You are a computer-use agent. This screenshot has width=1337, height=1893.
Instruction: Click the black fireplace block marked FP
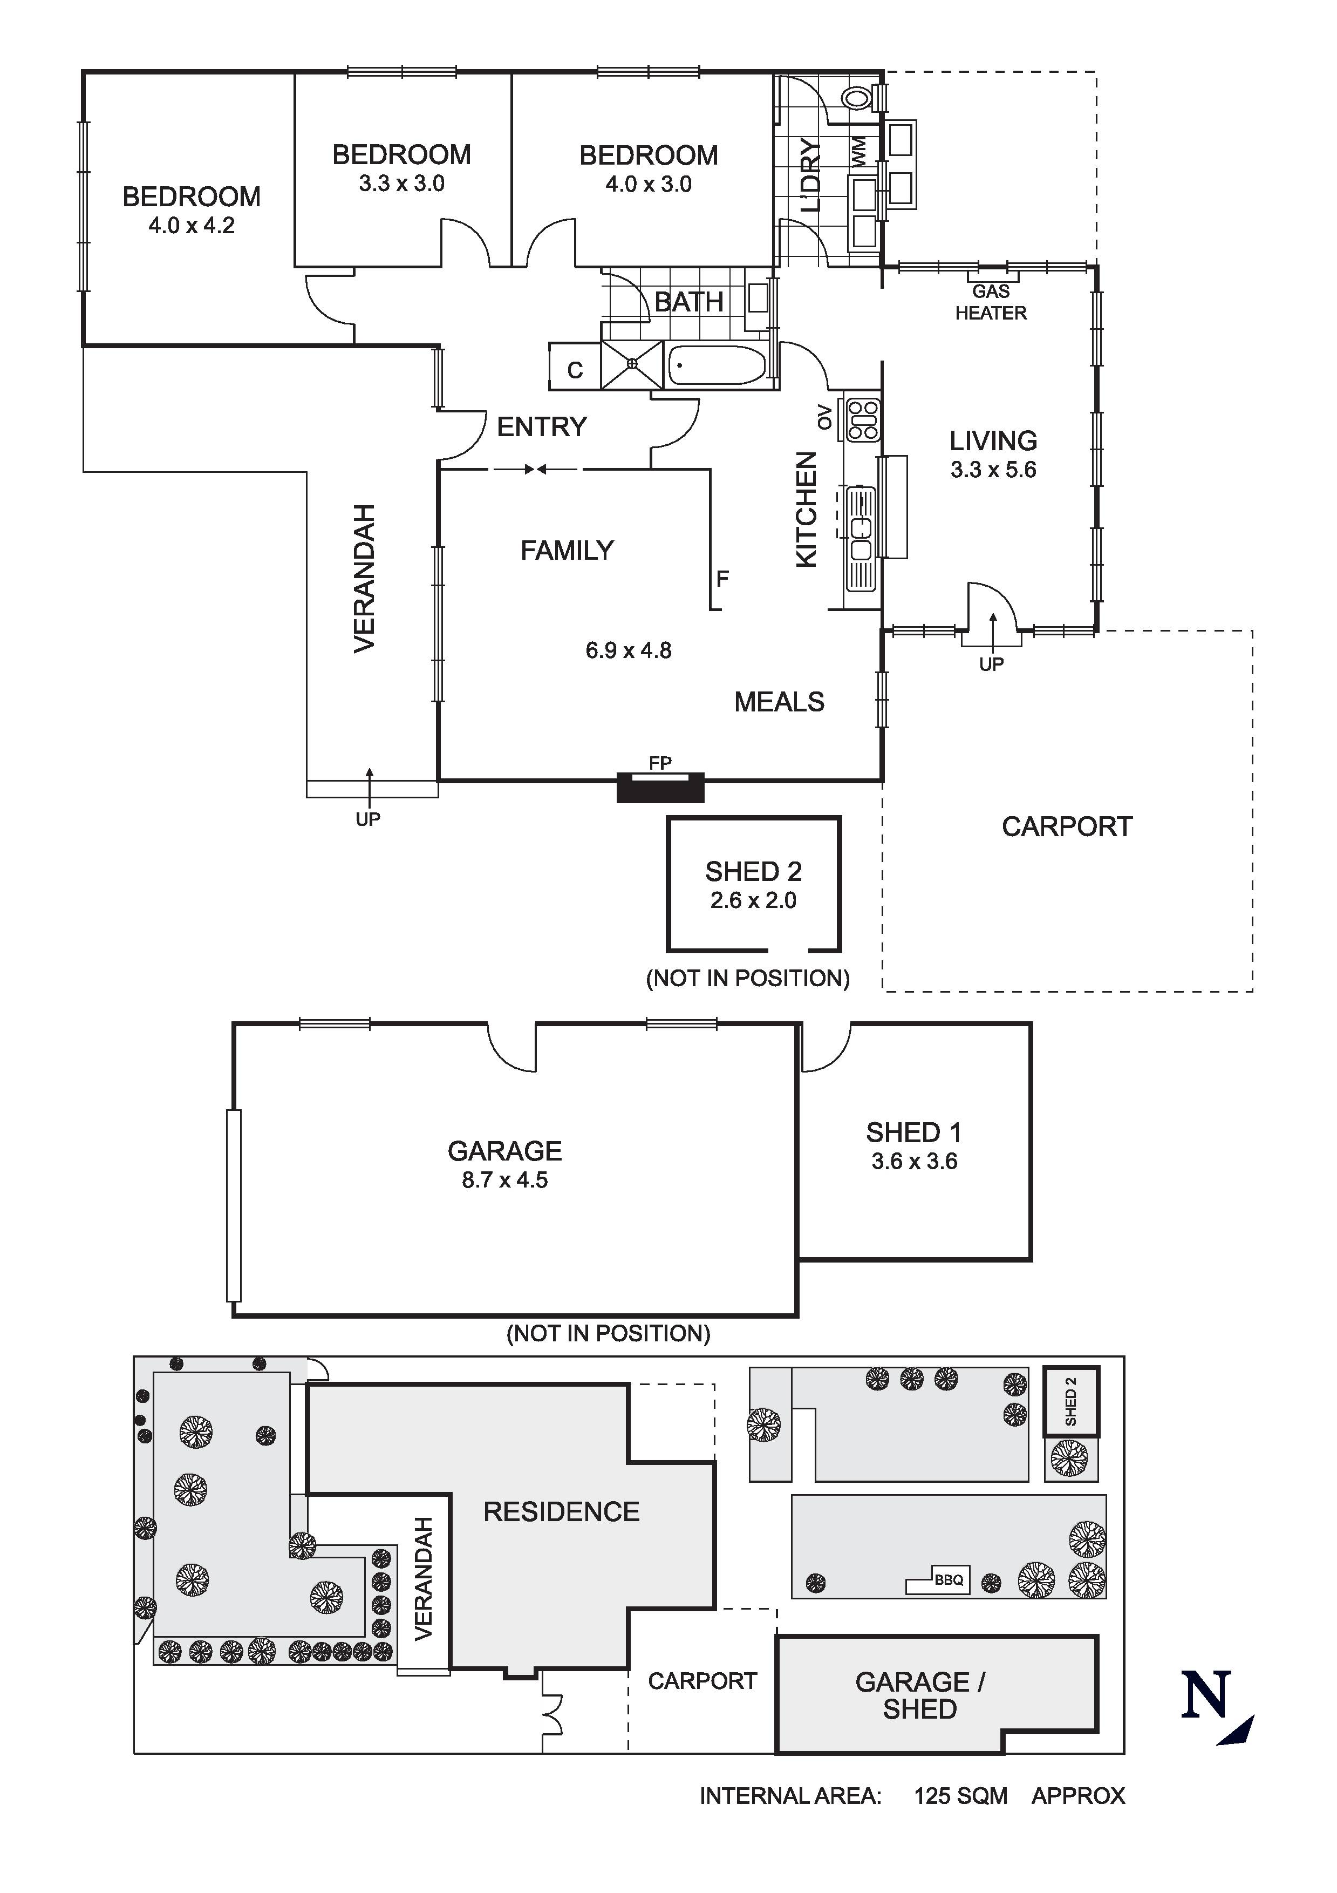pyautogui.click(x=660, y=788)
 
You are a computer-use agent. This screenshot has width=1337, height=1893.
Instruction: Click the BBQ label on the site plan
pyautogui.click(x=949, y=1580)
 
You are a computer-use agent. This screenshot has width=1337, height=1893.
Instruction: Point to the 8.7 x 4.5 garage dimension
pyautogui.click(x=504, y=1180)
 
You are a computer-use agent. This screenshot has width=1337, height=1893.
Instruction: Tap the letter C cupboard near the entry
pyautogui.click(x=575, y=370)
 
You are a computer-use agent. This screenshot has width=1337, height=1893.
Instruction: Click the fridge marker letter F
pyautogui.click(x=722, y=579)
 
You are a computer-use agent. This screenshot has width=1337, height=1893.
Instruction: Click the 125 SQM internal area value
pyautogui.click(x=960, y=1796)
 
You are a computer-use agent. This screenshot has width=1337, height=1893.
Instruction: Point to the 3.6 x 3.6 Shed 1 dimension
pyautogui.click(x=914, y=1161)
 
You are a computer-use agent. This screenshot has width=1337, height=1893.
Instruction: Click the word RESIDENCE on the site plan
pyautogui.click(x=561, y=1511)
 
